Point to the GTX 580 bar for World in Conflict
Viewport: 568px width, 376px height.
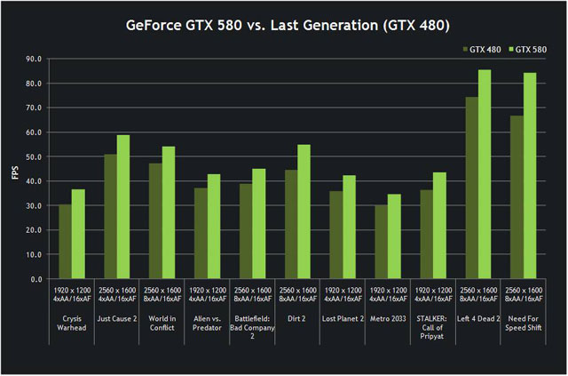click(x=169, y=212)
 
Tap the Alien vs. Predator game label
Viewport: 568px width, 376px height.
click(x=208, y=323)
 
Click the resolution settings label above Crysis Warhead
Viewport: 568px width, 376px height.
click(x=72, y=297)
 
